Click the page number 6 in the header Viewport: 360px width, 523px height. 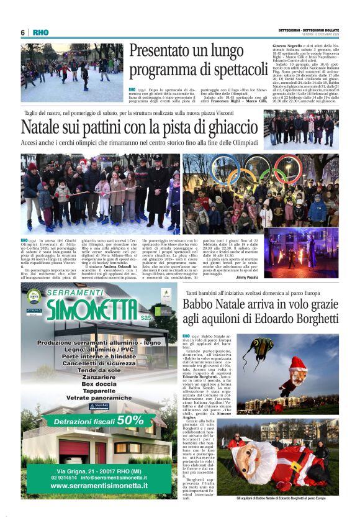click(23, 32)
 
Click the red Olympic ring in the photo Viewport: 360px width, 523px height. click(286, 166)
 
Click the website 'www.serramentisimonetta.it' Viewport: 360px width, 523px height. click(99, 485)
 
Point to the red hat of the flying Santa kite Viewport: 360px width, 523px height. click(299, 363)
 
